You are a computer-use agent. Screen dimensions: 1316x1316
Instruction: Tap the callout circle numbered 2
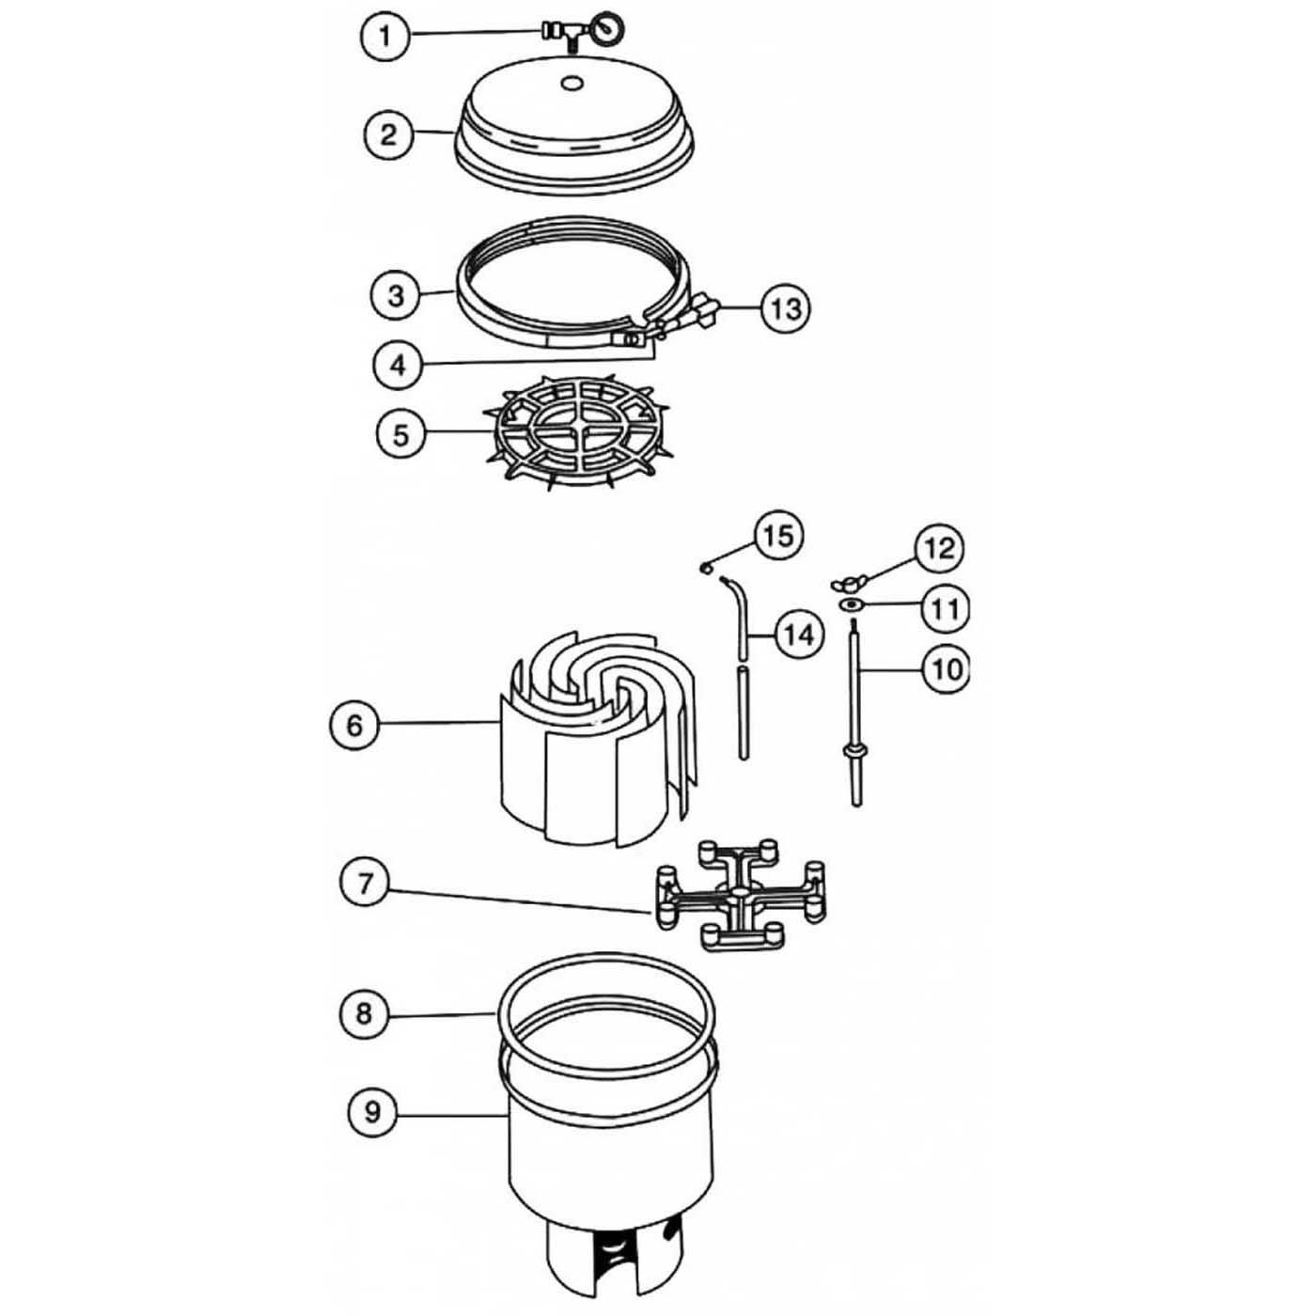click(x=388, y=134)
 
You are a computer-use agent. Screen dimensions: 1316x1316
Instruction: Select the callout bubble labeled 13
click(x=784, y=307)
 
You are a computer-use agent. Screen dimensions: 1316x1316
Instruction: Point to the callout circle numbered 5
click(x=401, y=434)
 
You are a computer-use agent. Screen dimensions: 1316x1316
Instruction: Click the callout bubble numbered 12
click(x=939, y=548)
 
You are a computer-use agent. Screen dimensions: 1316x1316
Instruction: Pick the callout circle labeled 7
click(x=366, y=883)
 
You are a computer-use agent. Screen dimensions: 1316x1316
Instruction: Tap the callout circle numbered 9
click(x=372, y=1112)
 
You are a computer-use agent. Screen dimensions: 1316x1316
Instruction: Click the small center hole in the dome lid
click(x=570, y=84)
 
